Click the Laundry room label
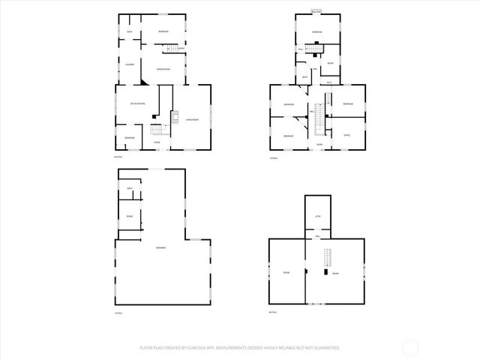point(130,64)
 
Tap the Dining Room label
point(163,70)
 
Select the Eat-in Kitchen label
point(137,103)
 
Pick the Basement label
point(160,248)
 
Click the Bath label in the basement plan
point(130,188)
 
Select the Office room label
point(347,135)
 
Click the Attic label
point(317,214)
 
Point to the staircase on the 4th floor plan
point(326,258)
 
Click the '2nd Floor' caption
point(118,157)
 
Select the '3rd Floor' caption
point(273,157)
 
